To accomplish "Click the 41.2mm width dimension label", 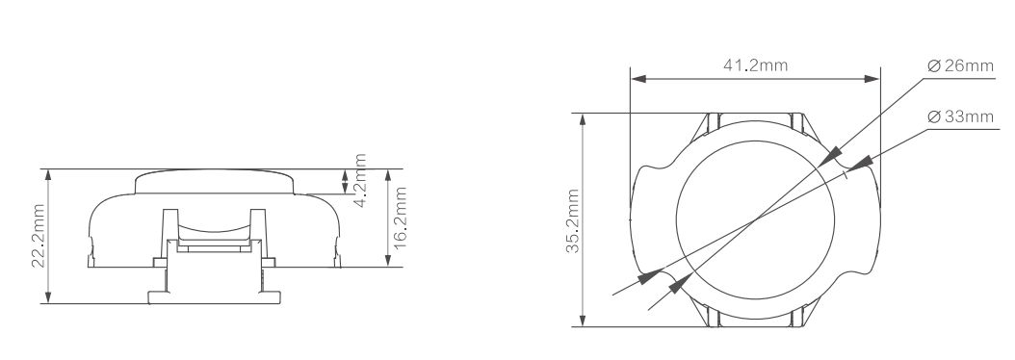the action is click(755, 65).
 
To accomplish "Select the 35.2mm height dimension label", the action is click(573, 220).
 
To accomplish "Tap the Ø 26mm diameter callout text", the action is click(960, 66).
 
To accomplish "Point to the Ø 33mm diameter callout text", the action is click(960, 116).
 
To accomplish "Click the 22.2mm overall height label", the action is click(39, 236).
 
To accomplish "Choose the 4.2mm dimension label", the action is click(360, 180).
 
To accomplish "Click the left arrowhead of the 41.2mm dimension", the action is click(638, 79).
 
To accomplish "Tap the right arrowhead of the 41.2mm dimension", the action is click(872, 79).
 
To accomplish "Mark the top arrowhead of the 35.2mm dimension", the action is click(583, 121).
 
